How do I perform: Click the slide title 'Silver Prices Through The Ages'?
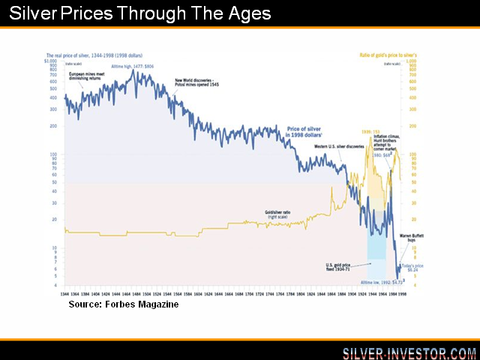click(x=141, y=14)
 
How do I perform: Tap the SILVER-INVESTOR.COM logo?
click(x=409, y=352)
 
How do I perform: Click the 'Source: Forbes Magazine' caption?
click(x=124, y=304)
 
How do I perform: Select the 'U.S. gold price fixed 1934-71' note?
click(x=342, y=266)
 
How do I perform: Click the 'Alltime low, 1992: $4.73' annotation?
click(x=382, y=283)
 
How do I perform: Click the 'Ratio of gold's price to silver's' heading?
click(x=400, y=56)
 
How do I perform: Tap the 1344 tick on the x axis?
click(x=66, y=293)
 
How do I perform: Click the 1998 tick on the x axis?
click(x=402, y=293)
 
